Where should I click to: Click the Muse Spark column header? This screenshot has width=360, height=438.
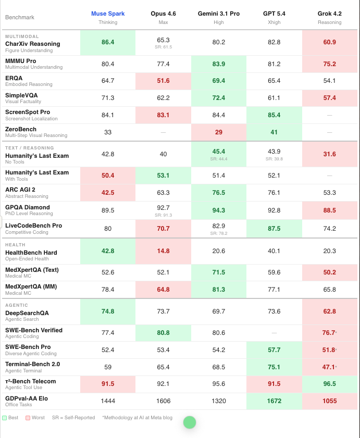[x=108, y=14]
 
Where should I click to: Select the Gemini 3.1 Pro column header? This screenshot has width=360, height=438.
[x=219, y=14]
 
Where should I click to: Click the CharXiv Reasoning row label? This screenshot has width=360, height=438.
[x=32, y=44]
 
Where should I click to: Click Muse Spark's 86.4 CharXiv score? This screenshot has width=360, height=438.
[x=108, y=42]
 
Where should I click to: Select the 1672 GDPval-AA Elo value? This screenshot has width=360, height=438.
[x=274, y=401]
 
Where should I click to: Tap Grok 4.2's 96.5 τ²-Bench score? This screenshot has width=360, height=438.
[x=329, y=384]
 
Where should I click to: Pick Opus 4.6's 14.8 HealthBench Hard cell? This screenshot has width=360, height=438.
[x=163, y=251]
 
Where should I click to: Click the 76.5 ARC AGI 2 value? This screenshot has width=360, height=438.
[x=219, y=192]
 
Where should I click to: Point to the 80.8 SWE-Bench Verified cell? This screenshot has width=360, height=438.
[x=163, y=333]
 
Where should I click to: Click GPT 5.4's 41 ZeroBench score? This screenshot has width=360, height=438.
[x=274, y=132]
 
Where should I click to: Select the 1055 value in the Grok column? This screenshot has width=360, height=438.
[x=329, y=401]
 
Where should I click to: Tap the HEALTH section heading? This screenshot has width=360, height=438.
[x=15, y=244]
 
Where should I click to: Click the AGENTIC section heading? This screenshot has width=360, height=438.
[x=16, y=305]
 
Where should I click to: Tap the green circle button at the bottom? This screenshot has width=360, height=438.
[x=189, y=422]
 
